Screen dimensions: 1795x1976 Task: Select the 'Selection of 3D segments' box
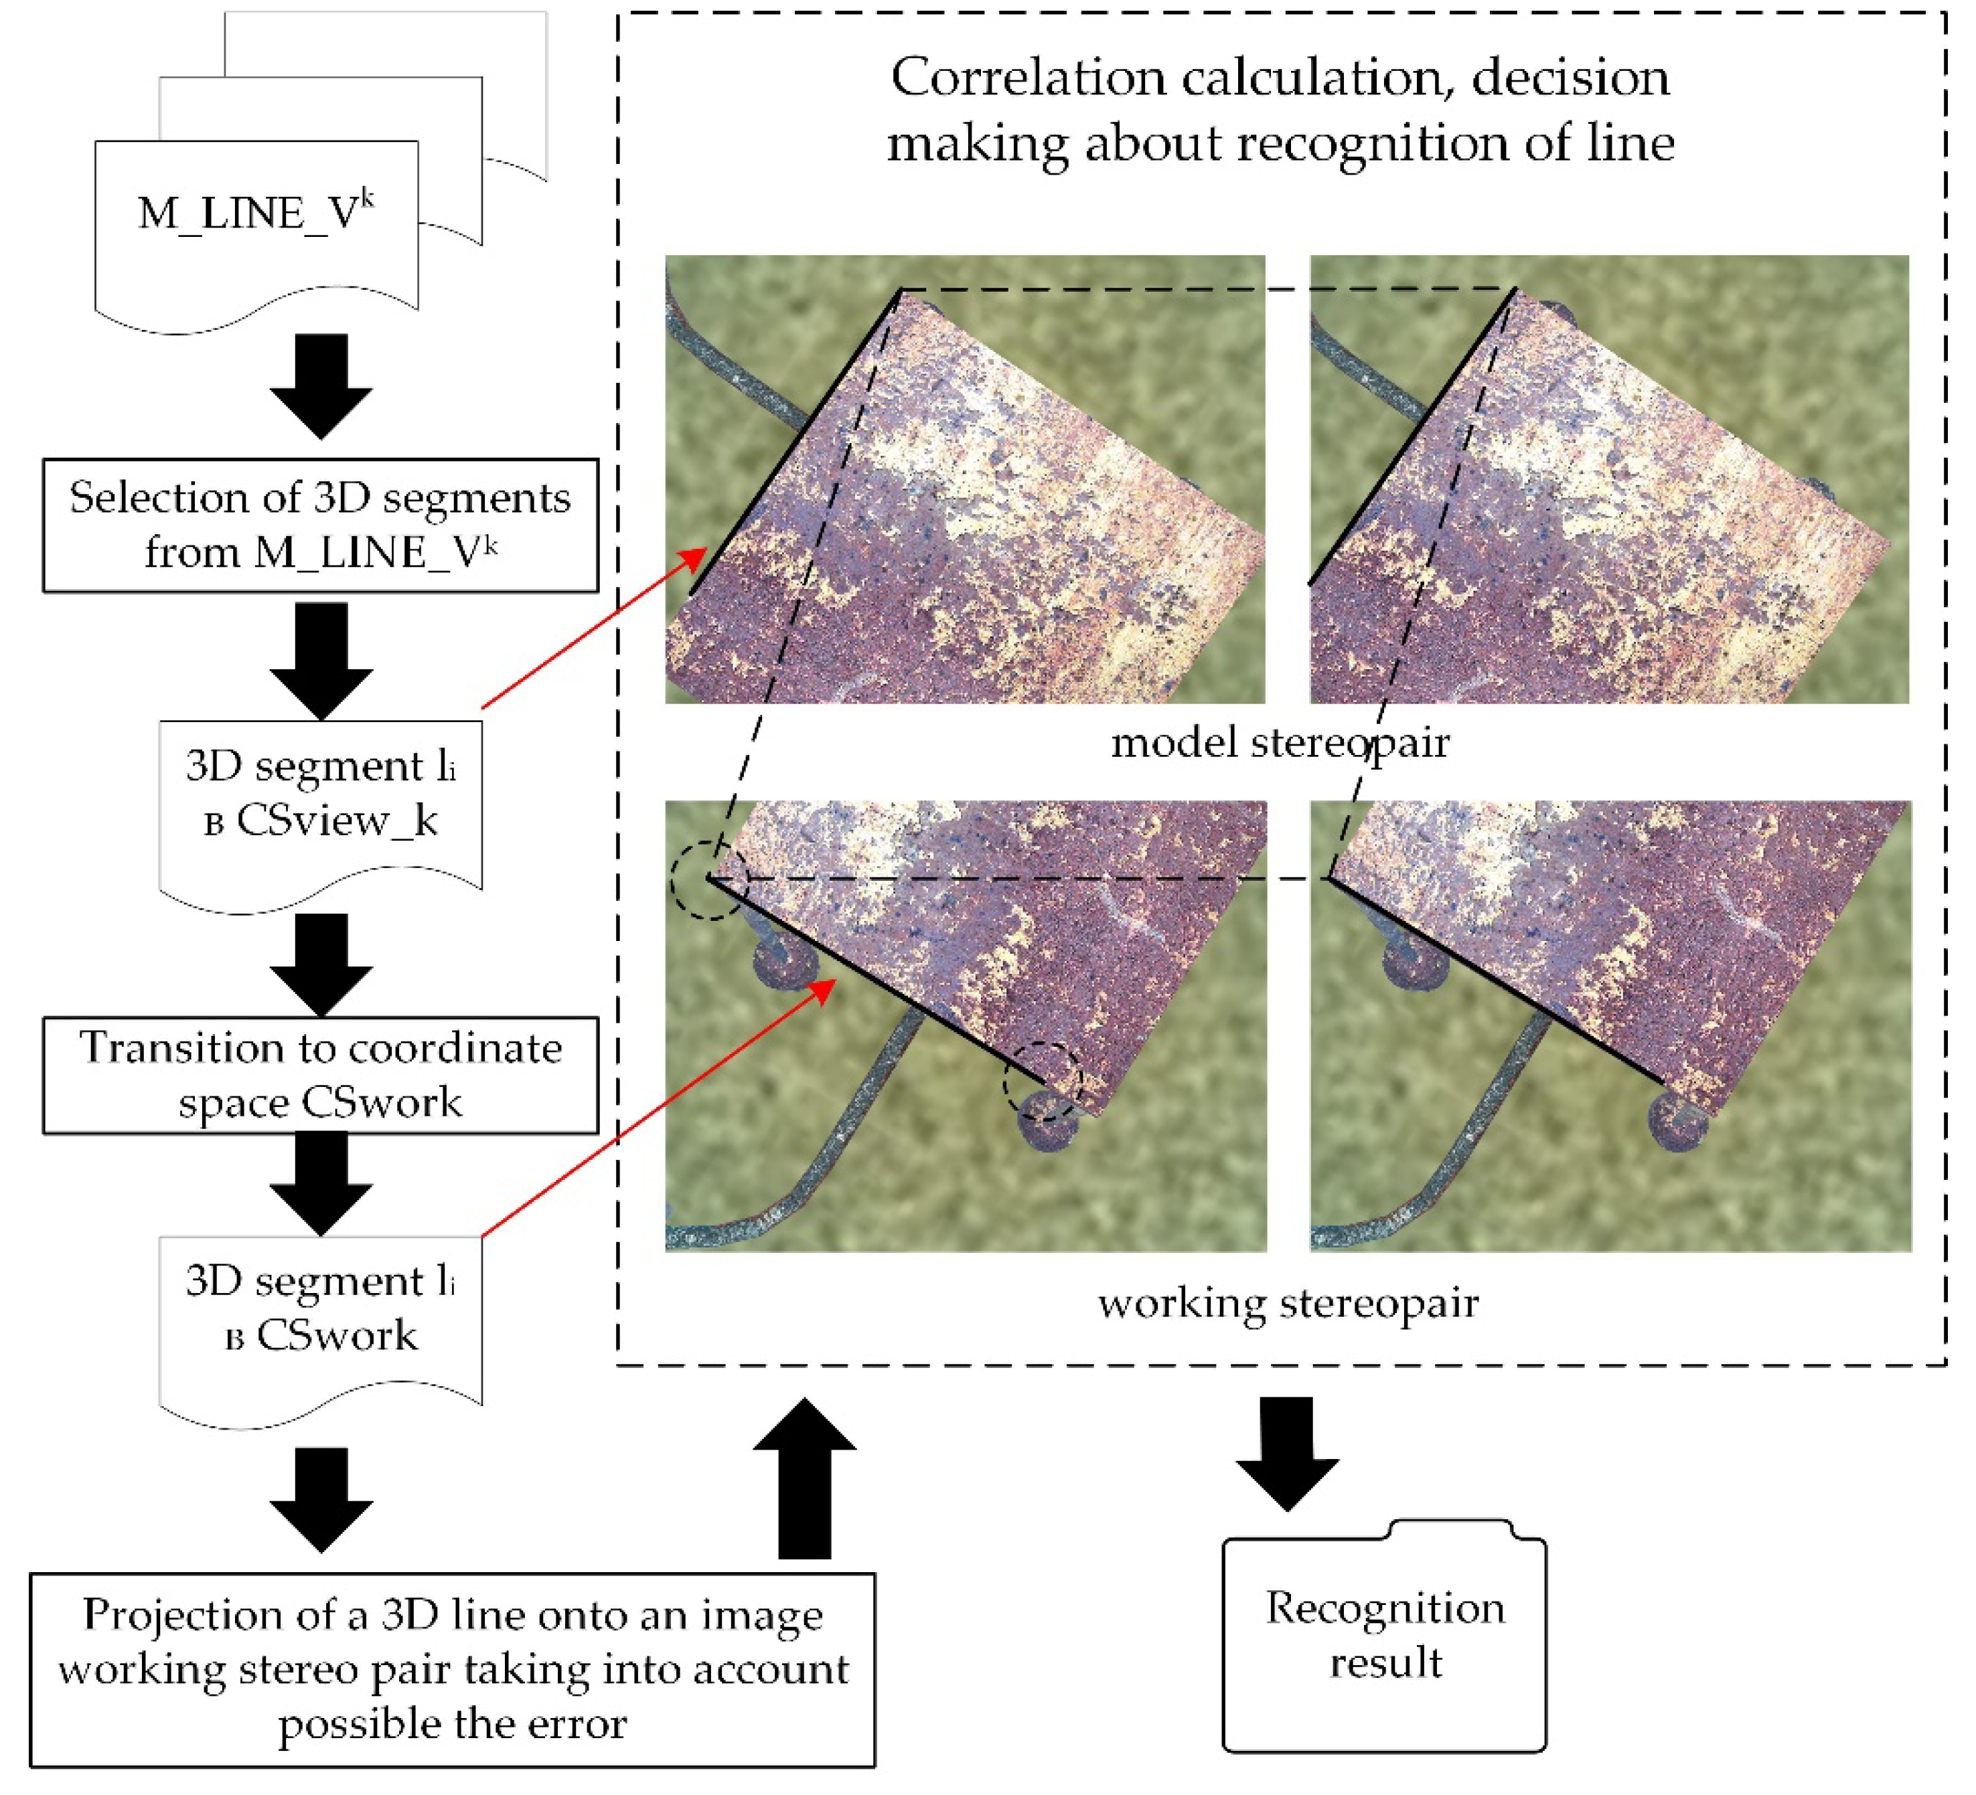[321, 525]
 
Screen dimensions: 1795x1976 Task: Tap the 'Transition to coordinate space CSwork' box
[321, 1075]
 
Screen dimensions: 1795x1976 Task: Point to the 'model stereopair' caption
[1279, 743]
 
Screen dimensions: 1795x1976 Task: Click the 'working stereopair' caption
[1287, 1303]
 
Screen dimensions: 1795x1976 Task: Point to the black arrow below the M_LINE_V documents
[321, 384]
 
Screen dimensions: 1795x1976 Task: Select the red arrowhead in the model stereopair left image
[694, 560]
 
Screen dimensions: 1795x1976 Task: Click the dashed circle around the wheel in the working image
[1043, 1081]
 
